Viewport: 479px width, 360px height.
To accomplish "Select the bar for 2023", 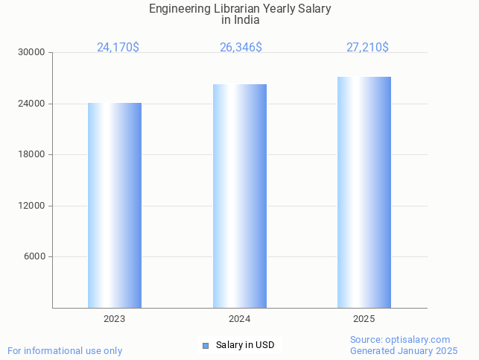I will pos(115,205).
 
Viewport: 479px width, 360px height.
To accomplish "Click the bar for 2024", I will pos(239,196).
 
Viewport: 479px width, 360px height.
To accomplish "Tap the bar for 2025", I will pos(364,192).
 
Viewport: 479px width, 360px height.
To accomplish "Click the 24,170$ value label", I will pos(118,48).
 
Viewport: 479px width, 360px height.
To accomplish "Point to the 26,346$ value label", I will pos(241,48).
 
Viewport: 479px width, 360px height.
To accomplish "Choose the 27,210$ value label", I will pos(367,48).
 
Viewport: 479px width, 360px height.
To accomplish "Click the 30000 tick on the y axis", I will pos(33,53).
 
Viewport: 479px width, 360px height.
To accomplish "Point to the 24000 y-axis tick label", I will pos(33,104).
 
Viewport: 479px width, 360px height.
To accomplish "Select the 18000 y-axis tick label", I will pos(33,155).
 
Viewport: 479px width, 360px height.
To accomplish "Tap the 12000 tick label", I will pos(33,206).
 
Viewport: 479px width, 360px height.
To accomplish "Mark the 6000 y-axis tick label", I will pos(35,257).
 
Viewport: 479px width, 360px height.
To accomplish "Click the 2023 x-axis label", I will pos(115,319).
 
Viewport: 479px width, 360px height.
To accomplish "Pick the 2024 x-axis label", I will pos(239,319).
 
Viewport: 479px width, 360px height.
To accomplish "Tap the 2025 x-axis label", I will pos(364,319).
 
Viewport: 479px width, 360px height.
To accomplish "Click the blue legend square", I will pos(206,345).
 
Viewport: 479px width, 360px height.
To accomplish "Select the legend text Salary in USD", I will pos(245,345).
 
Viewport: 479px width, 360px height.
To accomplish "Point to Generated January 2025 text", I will pos(404,351).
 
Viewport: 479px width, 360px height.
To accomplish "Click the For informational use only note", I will pos(65,351).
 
